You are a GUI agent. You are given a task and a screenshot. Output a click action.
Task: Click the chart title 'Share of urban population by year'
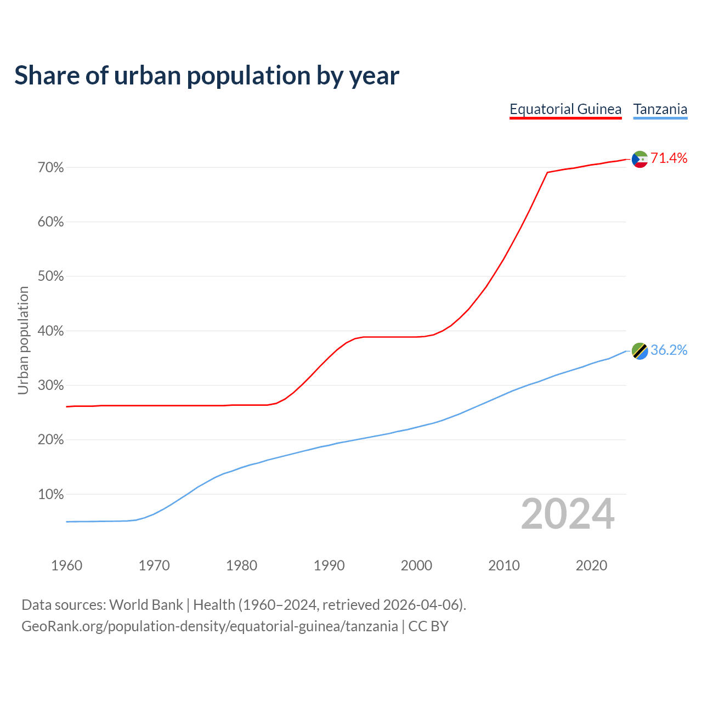click(207, 76)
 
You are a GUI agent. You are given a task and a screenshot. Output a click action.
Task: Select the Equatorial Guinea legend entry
click(565, 109)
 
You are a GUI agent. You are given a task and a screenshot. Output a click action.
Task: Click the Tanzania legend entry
click(660, 109)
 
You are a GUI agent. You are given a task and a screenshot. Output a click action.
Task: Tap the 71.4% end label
click(669, 158)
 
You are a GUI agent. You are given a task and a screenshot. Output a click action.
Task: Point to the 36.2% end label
click(669, 350)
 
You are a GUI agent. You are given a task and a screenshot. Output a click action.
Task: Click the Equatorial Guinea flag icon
click(640, 159)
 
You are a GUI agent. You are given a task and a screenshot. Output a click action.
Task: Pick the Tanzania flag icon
click(640, 351)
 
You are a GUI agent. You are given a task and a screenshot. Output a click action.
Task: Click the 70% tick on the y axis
click(51, 168)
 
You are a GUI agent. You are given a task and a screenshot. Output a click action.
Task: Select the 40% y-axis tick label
click(51, 331)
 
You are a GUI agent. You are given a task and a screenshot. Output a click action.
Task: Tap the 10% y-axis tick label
click(51, 495)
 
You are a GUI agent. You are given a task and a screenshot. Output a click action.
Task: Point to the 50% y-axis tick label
click(51, 277)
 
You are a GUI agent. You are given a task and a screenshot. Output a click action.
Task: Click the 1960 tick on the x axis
click(67, 565)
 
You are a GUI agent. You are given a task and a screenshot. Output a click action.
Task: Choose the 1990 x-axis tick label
click(329, 565)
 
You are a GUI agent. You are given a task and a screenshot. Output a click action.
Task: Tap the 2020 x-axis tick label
click(591, 565)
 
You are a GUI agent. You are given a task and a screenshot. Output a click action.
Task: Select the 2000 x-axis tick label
click(417, 565)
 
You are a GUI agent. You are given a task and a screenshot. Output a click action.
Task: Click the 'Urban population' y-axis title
click(23, 340)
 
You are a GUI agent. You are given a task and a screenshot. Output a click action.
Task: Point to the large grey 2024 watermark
click(568, 514)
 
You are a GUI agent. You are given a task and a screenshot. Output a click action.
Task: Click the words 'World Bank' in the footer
click(146, 605)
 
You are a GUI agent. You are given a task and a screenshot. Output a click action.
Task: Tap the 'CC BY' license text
click(428, 626)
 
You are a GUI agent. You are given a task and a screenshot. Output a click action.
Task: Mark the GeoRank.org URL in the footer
click(210, 626)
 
